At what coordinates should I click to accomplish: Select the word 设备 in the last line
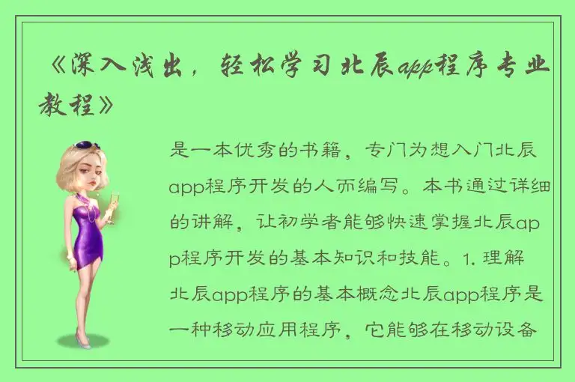(520, 330)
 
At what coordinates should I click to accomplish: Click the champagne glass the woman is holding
(115, 203)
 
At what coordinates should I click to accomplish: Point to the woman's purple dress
(89, 229)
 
